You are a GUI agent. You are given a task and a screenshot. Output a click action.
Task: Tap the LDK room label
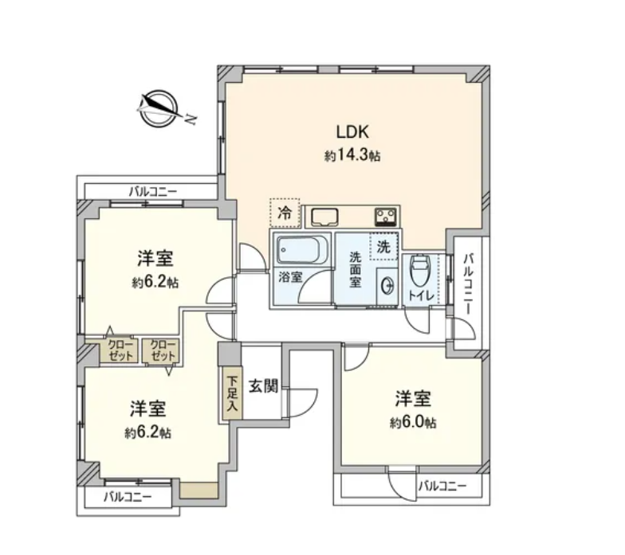[x=352, y=132]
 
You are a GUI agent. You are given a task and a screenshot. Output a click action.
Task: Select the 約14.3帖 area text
[x=352, y=154]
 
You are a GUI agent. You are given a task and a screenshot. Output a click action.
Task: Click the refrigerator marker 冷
[x=285, y=213]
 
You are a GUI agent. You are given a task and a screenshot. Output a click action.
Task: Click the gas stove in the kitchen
[x=386, y=217]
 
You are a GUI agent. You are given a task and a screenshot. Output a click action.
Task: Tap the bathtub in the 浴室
[x=301, y=250]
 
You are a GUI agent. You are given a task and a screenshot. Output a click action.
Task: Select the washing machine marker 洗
[x=383, y=247]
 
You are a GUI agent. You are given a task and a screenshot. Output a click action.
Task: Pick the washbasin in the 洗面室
[x=387, y=287]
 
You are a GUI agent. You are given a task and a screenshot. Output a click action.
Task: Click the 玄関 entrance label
[x=263, y=385]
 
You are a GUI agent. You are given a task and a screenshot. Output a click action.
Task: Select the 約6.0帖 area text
[x=413, y=422]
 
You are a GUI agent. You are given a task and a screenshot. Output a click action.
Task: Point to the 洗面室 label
[x=356, y=269]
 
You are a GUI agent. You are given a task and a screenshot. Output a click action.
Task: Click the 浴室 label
[x=290, y=277]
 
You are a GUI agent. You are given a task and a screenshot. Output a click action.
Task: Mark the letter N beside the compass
[x=191, y=119]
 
